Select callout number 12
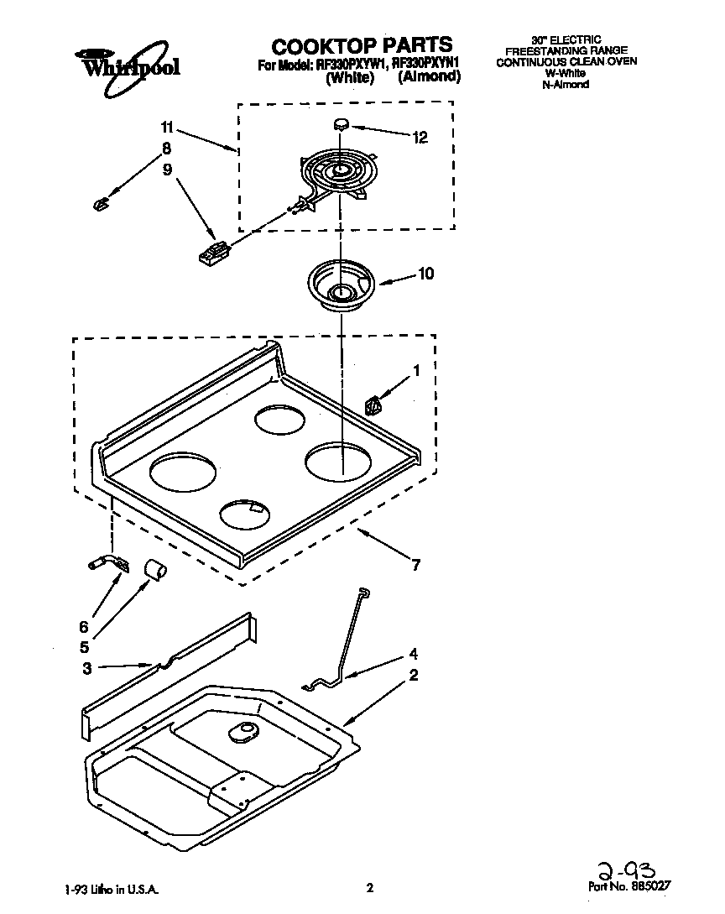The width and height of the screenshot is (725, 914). [x=420, y=138]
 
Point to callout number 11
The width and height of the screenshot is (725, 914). [x=168, y=128]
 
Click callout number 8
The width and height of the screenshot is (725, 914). [x=167, y=149]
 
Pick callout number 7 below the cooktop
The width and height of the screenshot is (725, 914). [x=416, y=565]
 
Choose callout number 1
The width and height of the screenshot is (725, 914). [x=415, y=369]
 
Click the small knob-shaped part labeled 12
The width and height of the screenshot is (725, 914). [x=342, y=124]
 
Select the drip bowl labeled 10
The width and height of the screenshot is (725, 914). [x=340, y=286]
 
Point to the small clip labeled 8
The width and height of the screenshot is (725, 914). [x=100, y=203]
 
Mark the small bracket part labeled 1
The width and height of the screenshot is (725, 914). [x=374, y=406]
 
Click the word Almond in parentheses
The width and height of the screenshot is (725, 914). [x=429, y=77]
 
